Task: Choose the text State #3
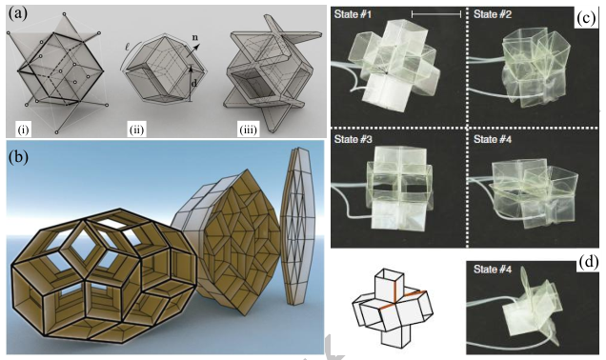pyautogui.click(x=354, y=139)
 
